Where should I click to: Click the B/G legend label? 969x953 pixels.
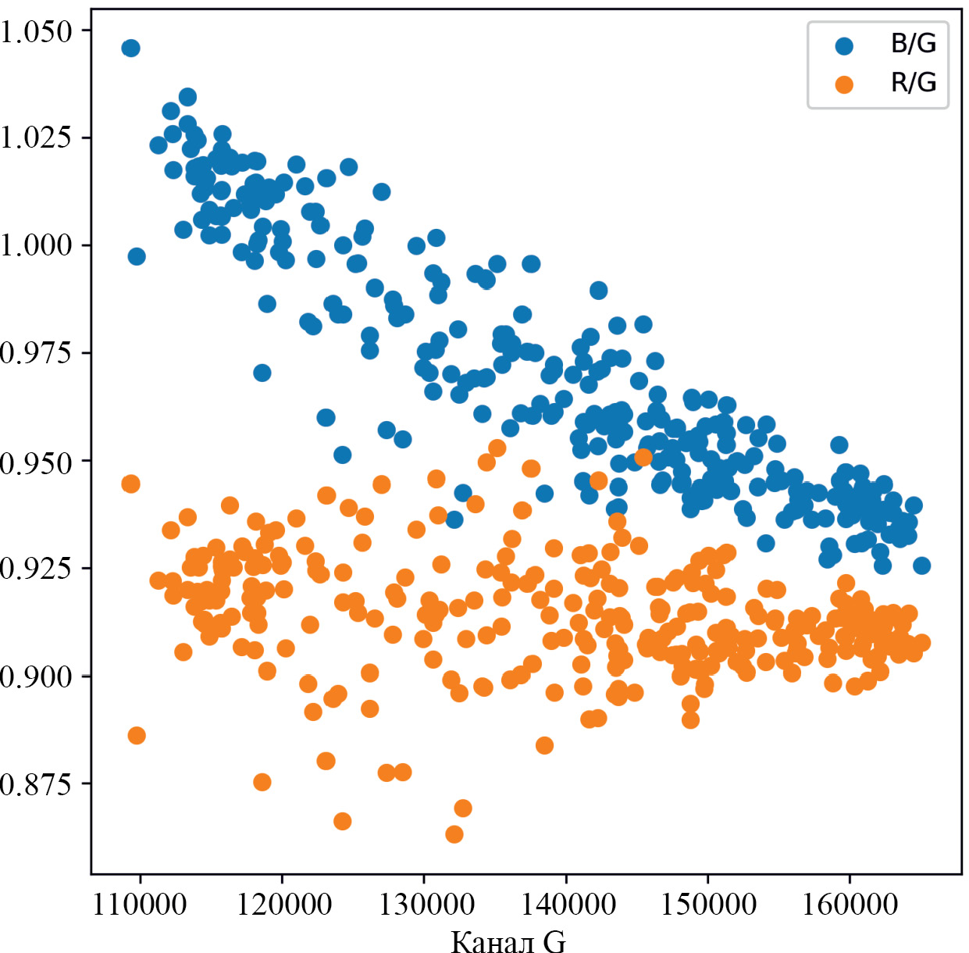click(913, 44)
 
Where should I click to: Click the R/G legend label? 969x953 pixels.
click(913, 83)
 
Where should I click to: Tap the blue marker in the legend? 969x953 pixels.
click(844, 45)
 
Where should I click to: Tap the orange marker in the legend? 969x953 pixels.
click(844, 84)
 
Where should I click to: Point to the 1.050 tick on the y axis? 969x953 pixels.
click(36, 31)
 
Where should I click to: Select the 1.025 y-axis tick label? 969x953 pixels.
click(36, 137)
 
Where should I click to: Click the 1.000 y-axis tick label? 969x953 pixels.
click(36, 245)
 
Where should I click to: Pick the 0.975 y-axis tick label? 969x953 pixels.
click(36, 353)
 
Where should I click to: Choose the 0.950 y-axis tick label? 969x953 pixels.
click(36, 461)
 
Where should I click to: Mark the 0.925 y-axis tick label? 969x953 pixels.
click(36, 568)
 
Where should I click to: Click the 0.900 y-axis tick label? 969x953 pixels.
click(36, 676)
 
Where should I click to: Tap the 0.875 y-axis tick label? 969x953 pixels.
click(36, 783)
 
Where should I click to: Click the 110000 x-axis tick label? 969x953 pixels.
click(140, 905)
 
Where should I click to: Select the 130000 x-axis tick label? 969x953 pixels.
click(426, 905)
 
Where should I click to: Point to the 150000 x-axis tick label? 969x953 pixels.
click(708, 905)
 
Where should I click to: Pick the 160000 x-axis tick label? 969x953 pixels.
click(850, 905)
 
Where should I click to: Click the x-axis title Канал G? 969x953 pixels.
click(508, 941)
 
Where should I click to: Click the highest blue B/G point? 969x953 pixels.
click(130, 48)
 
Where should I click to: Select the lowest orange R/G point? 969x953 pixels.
click(454, 834)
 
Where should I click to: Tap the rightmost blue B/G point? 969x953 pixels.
click(921, 566)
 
